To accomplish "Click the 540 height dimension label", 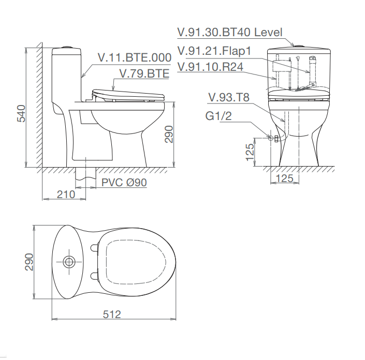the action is pyautogui.click(x=21, y=113).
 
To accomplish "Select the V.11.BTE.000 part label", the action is pyautogui.click(x=135, y=57).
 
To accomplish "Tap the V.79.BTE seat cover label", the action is pyautogui.click(x=144, y=73).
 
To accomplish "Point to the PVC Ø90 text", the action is pyautogui.click(x=124, y=183).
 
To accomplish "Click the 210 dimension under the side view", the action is pyautogui.click(x=66, y=194).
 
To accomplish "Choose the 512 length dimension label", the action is pyautogui.click(x=112, y=314).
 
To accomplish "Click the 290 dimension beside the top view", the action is pyautogui.click(x=29, y=262).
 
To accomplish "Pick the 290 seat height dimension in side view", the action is pyautogui.click(x=169, y=134).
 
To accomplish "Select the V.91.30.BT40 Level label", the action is pyautogui.click(x=230, y=32).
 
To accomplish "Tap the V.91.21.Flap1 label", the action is pyautogui.click(x=214, y=51).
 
